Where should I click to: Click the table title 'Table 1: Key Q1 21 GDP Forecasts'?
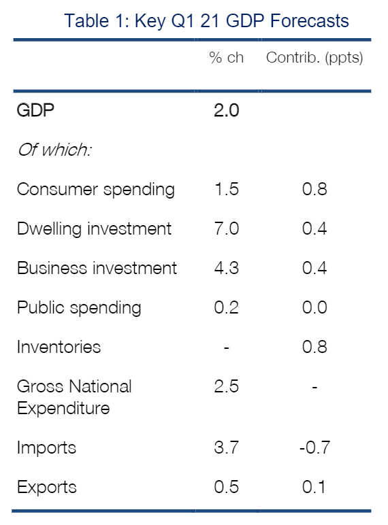pyautogui.click(x=206, y=21)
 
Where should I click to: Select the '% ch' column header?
pyautogui.click(x=226, y=58)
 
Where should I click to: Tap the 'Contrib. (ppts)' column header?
pyautogui.click(x=314, y=58)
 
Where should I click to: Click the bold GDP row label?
pyautogui.click(x=35, y=110)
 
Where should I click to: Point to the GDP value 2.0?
pyautogui.click(x=227, y=110)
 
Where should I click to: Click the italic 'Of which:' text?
pyautogui.click(x=54, y=150)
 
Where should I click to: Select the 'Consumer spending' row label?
pyautogui.click(x=96, y=190)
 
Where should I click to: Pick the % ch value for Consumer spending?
pyautogui.click(x=227, y=189)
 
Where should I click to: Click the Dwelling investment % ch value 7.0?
pyautogui.click(x=227, y=228)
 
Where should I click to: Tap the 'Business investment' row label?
pyautogui.click(x=97, y=268)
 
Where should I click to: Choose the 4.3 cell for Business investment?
pyautogui.click(x=227, y=268)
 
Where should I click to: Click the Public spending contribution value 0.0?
pyautogui.click(x=314, y=307)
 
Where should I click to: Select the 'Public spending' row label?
pyautogui.click(x=79, y=308)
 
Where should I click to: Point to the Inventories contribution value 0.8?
pyautogui.click(x=314, y=347)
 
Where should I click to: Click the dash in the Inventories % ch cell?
pyautogui.click(x=227, y=348)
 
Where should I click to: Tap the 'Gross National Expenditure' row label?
pyautogui.click(x=74, y=397)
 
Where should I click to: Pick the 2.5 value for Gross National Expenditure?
pyautogui.click(x=227, y=386)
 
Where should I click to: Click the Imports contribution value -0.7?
pyautogui.click(x=314, y=447)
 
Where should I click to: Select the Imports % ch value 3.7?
pyautogui.click(x=227, y=447)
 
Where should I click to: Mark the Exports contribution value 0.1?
pyautogui.click(x=314, y=487)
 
